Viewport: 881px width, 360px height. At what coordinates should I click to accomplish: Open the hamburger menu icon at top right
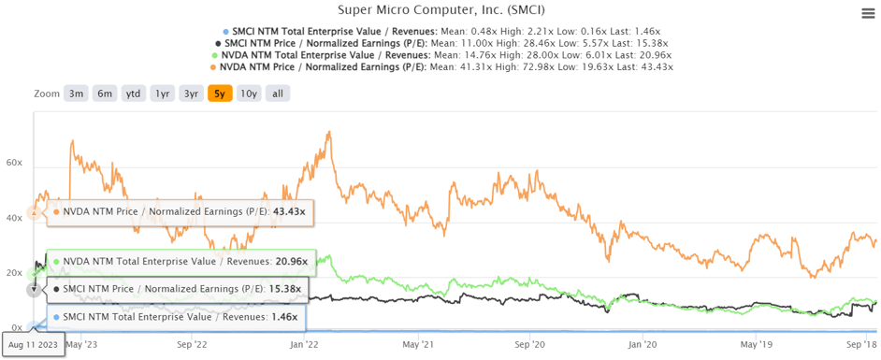pyautogui.click(x=868, y=12)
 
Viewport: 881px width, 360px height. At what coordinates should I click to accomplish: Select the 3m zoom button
pyautogui.click(x=76, y=94)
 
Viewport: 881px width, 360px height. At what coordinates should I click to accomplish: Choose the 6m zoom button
pyautogui.click(x=105, y=94)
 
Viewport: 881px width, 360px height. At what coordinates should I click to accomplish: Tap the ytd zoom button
pyautogui.click(x=134, y=94)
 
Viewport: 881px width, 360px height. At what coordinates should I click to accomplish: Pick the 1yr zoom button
pyautogui.click(x=163, y=94)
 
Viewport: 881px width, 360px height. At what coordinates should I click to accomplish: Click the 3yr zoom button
pyautogui.click(x=192, y=94)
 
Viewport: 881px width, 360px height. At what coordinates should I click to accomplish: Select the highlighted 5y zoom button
pyautogui.click(x=220, y=94)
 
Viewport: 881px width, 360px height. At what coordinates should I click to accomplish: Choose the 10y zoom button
pyautogui.click(x=248, y=94)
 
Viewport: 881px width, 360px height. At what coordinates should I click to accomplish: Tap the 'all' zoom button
pyautogui.click(x=278, y=94)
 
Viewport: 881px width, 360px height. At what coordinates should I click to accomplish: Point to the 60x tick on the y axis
pyautogui.click(x=14, y=163)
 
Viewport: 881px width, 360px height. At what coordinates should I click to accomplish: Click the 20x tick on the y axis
pyautogui.click(x=14, y=273)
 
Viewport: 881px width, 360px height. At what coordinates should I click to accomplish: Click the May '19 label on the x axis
pyautogui.click(x=755, y=343)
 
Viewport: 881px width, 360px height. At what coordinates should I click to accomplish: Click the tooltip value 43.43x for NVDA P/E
pyautogui.click(x=290, y=211)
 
